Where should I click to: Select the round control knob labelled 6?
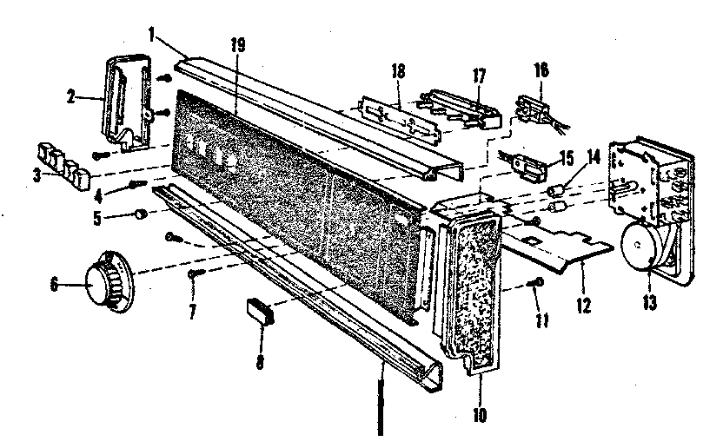(109, 282)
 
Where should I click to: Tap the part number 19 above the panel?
(238, 45)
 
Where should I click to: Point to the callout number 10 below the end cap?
(480, 415)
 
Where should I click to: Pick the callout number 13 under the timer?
(649, 303)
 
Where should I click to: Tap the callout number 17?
(479, 76)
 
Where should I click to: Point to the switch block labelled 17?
(461, 109)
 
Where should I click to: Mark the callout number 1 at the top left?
(152, 35)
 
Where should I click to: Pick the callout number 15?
(566, 158)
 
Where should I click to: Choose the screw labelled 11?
(536, 281)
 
